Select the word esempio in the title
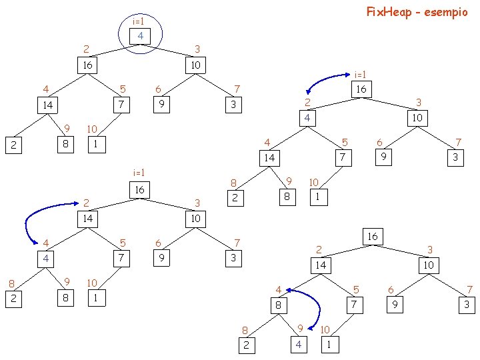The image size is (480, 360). [x=446, y=12]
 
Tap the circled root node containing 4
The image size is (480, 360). [x=140, y=35]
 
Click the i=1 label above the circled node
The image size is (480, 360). [x=139, y=21]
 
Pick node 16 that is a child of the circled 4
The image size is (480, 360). [x=87, y=65]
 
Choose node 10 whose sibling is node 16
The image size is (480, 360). [x=195, y=65]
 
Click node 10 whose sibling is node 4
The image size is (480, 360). [x=416, y=118]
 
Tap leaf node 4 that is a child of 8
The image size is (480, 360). [x=299, y=344]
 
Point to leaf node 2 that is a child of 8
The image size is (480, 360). [x=247, y=344]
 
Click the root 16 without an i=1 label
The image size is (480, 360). [x=372, y=236]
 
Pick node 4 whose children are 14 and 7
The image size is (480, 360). [x=307, y=118]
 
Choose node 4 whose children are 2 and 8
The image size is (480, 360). [x=47, y=257]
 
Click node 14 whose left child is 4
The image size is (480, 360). [x=87, y=219]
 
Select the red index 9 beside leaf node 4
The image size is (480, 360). [x=300, y=328]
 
